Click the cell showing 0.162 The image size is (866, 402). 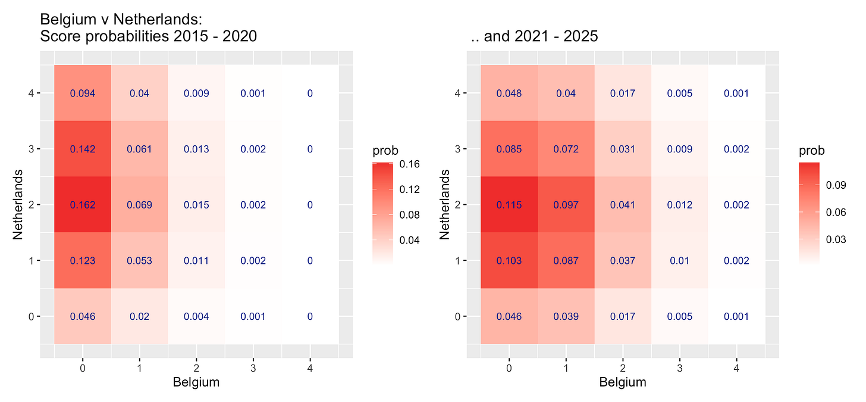[x=82, y=205]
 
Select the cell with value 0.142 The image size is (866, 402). [x=82, y=149]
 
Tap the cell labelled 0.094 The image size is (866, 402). [x=82, y=94]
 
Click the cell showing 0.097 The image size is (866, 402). [x=566, y=205]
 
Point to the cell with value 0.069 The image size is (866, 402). [x=139, y=205]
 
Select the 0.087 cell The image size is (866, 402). [x=566, y=261]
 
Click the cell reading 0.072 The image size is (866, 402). [x=566, y=149]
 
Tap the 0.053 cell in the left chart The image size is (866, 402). [x=139, y=261]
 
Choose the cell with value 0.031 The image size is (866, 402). [x=623, y=149]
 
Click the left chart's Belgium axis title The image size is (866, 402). [x=196, y=382]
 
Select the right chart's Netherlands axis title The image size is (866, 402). [x=444, y=205]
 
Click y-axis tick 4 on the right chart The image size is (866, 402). [x=457, y=94]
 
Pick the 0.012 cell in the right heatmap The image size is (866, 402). [x=679, y=205]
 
